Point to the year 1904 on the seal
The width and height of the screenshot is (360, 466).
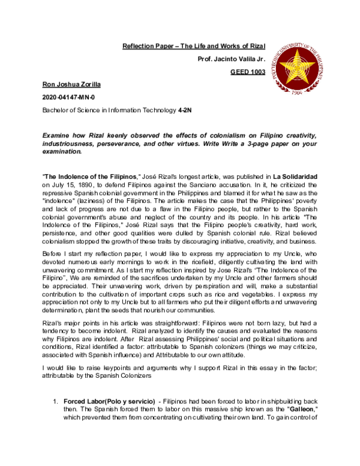[x=312, y=94]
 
